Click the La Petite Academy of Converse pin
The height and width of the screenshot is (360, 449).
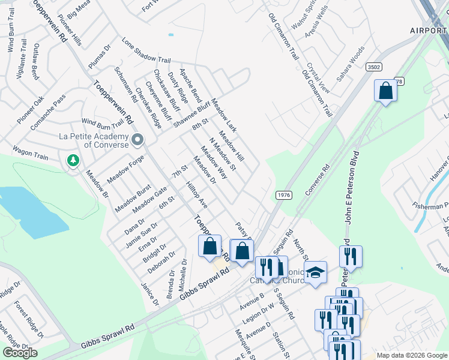[137, 140]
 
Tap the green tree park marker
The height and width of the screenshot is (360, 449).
[73, 160]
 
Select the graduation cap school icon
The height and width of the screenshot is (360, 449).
[315, 273]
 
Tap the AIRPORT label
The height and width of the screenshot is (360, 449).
[429, 30]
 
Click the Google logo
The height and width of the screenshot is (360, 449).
[20, 353]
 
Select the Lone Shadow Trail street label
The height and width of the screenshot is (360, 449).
[146, 52]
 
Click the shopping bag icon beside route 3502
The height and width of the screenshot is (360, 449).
[385, 91]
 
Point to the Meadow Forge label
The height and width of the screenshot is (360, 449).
[125, 170]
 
